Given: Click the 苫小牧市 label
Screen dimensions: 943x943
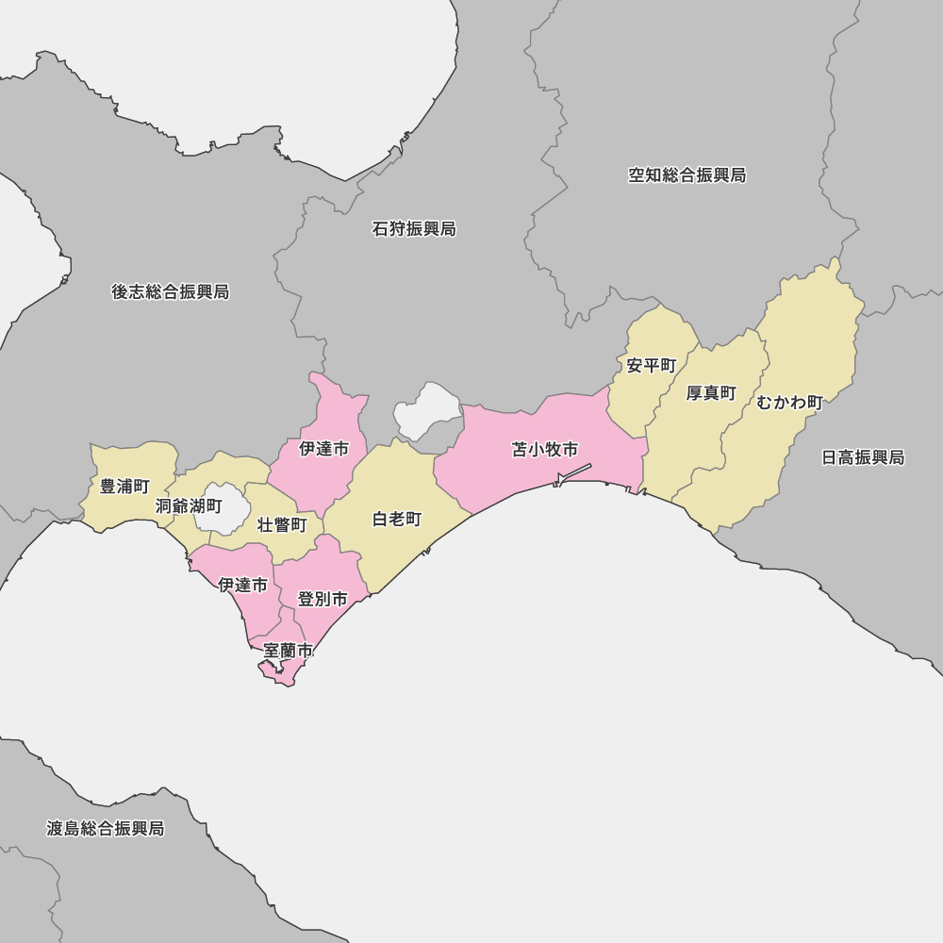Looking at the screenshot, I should [x=545, y=450].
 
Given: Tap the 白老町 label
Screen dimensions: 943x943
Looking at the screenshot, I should [x=397, y=520].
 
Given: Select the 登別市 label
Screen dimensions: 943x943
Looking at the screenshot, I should [x=323, y=599].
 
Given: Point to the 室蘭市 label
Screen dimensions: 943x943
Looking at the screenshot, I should [x=288, y=651].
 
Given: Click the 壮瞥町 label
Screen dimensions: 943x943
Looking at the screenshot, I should [x=283, y=525].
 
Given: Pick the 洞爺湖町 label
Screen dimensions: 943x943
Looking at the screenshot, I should [x=189, y=506].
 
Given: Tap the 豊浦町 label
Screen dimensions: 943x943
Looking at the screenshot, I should [x=125, y=487].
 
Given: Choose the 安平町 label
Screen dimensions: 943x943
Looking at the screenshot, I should [x=652, y=366].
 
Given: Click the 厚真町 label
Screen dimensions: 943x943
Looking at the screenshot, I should [x=711, y=393].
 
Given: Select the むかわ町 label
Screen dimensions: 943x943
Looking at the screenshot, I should [x=790, y=403].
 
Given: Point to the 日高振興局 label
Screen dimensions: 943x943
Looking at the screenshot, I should [x=863, y=457].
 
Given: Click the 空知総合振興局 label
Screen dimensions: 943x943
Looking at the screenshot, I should [x=687, y=175].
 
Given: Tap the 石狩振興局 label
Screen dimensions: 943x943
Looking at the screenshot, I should [x=414, y=229].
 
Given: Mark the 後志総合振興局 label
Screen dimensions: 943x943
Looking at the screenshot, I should [x=171, y=292].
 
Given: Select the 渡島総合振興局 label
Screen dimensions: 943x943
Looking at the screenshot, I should [x=106, y=829].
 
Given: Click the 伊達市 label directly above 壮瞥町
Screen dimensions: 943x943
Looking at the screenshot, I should [x=323, y=449].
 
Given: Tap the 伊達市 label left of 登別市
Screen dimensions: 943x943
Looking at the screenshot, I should [x=242, y=586].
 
